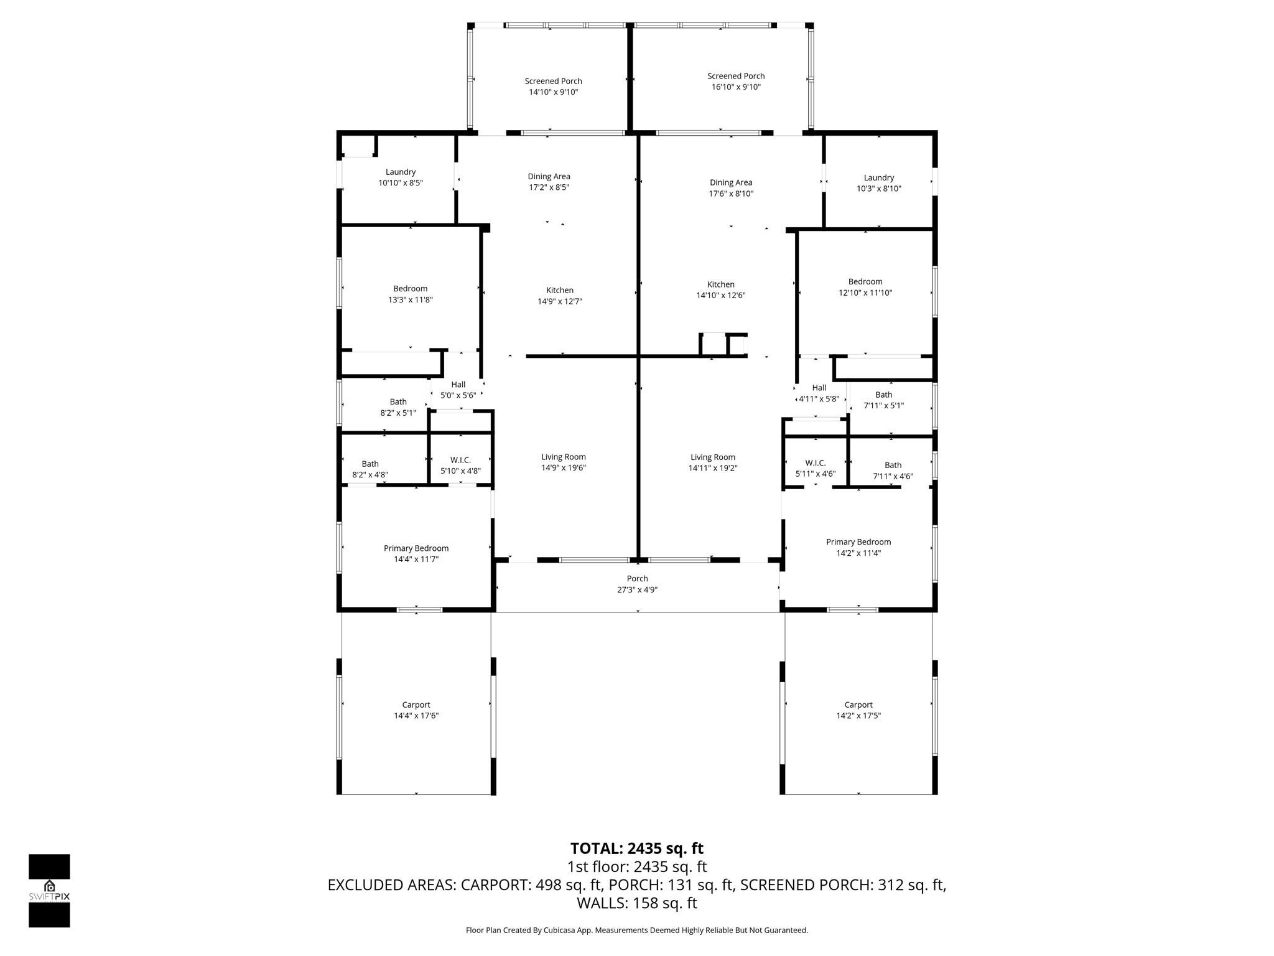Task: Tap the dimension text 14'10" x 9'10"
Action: point(553,92)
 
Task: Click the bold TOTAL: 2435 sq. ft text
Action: point(637,848)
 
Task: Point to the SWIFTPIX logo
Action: point(49,891)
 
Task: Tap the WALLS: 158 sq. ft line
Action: point(637,903)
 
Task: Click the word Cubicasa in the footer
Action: point(558,930)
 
